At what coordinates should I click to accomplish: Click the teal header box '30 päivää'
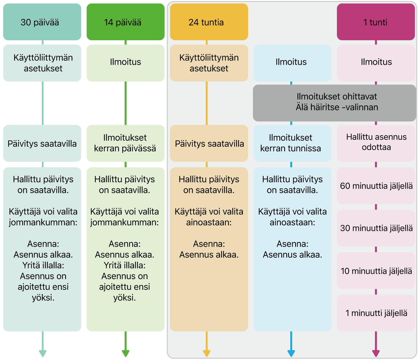[42, 22]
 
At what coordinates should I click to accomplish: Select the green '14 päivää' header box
[125, 22]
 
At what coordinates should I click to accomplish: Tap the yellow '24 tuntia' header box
[209, 22]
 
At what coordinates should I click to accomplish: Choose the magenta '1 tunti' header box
[376, 22]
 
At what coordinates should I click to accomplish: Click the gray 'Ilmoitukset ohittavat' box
[334, 103]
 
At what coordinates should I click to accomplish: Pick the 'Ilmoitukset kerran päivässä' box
[125, 143]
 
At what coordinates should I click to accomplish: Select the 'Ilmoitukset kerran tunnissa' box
[292, 143]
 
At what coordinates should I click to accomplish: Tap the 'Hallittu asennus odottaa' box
[376, 143]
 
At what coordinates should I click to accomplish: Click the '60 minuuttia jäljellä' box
[376, 185]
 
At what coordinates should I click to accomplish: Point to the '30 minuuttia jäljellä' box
[376, 228]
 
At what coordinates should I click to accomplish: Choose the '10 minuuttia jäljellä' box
[376, 270]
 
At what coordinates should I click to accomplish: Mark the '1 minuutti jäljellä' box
[376, 313]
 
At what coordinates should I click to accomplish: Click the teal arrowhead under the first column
[43, 353]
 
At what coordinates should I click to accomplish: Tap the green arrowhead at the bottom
[125, 353]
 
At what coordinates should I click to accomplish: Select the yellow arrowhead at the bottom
[207, 353]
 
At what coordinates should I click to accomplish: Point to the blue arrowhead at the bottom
[291, 353]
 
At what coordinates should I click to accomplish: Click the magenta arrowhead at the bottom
[376, 353]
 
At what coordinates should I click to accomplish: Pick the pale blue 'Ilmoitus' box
[292, 63]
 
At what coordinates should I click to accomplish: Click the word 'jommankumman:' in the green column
[124, 223]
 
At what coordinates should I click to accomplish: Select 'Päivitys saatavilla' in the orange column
[209, 144]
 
